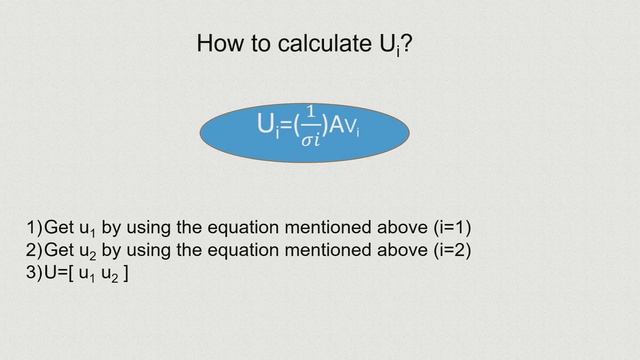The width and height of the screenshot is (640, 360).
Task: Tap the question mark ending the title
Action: pos(406,44)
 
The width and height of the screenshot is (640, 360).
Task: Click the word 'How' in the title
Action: pos(219,44)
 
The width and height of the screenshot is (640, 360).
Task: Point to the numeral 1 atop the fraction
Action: pos(312,114)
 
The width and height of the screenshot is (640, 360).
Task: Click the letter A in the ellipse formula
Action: pos(337,126)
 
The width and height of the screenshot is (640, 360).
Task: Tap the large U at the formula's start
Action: pos(266,125)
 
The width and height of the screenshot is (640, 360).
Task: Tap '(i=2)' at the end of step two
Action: pos(447,250)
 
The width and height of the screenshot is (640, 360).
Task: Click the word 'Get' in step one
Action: pos(62,226)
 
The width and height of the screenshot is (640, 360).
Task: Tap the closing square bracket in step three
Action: pos(124,273)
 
